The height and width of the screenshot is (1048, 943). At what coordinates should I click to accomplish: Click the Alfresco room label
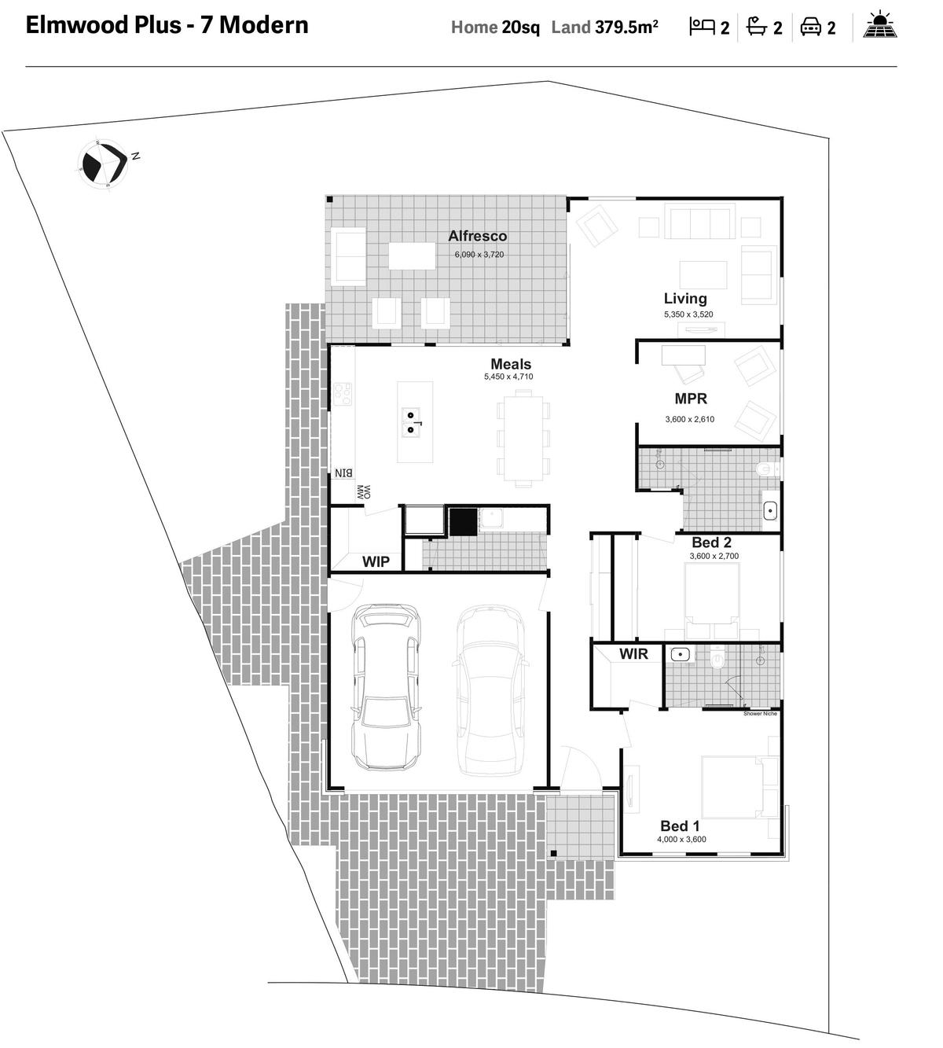tap(478, 236)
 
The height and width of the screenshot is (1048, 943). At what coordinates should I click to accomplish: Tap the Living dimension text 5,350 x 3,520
tap(688, 314)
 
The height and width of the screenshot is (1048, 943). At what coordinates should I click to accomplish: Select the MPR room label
tap(691, 399)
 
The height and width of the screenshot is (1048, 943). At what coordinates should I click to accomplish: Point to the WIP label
tap(376, 561)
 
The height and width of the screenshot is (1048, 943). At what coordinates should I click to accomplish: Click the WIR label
tap(633, 653)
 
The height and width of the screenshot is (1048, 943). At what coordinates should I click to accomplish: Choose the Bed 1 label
tap(680, 826)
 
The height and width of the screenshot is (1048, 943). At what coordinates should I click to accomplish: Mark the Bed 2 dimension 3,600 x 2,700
tap(714, 556)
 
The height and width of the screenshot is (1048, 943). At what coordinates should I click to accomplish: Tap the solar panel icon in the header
tap(880, 24)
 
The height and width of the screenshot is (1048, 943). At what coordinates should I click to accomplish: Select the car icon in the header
tap(810, 27)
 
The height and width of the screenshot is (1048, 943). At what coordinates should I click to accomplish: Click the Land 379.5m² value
tap(626, 28)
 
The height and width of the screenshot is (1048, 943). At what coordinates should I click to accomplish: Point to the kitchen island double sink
tap(411, 423)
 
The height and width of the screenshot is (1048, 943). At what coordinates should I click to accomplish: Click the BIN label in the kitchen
tap(343, 473)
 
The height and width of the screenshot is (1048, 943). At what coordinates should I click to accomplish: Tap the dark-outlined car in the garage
tap(386, 687)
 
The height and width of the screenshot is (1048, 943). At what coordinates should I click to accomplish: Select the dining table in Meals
tap(523, 438)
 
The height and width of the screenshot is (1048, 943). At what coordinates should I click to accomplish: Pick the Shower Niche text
tap(760, 713)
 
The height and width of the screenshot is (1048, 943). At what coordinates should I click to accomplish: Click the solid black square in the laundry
tap(464, 521)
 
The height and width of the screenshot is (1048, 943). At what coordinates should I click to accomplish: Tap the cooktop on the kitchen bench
tap(343, 395)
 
